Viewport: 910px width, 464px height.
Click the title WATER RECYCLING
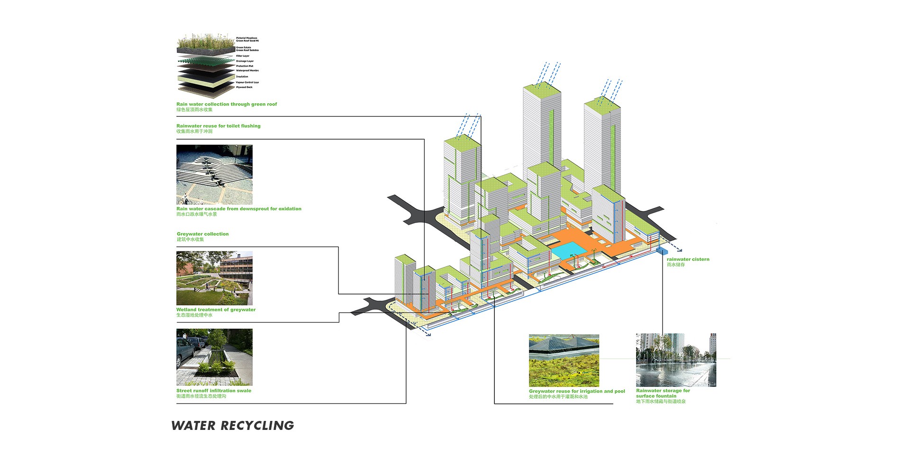(232, 425)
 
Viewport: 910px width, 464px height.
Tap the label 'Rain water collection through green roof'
(227, 104)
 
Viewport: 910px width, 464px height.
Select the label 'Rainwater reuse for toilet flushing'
(218, 126)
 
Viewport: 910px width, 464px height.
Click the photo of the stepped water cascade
(214, 174)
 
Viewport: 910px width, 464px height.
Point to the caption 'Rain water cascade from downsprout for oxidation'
(239, 209)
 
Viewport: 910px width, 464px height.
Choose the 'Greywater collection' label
(202, 234)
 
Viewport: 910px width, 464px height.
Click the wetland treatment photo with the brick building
(214, 278)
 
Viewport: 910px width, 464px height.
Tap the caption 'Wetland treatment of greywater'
(216, 310)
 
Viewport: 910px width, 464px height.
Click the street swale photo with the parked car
(214, 357)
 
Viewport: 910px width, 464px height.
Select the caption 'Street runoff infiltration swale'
(214, 391)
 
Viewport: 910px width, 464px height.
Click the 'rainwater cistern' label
(688, 259)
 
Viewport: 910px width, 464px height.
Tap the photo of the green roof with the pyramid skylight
(564, 360)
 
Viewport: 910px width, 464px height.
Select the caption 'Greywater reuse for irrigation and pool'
(577, 392)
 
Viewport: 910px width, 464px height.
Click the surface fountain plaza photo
(676, 360)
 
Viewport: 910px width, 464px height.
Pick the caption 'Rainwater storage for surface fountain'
(663, 393)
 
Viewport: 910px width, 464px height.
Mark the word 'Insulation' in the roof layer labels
(242, 76)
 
